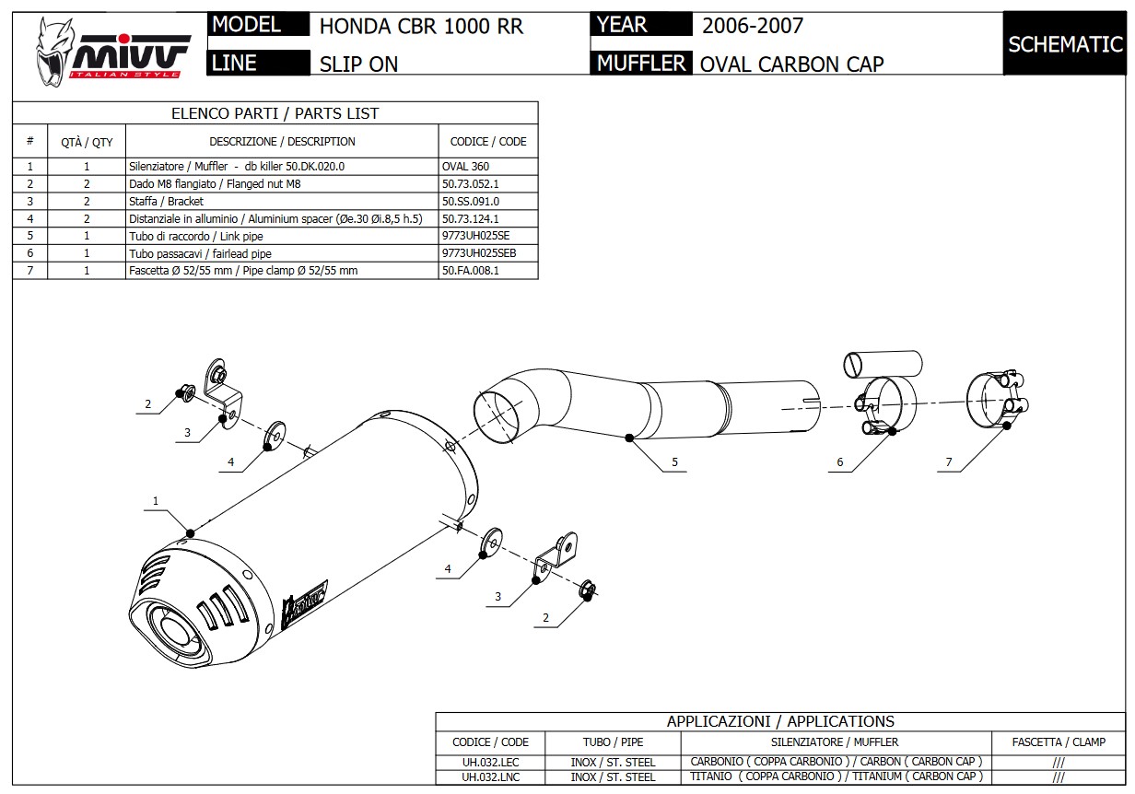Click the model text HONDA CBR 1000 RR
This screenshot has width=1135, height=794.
point(421,26)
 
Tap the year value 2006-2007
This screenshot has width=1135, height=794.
point(753,26)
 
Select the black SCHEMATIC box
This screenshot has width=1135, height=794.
point(1064,43)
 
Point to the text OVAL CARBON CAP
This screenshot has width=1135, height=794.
point(791,64)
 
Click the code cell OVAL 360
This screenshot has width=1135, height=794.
point(466,167)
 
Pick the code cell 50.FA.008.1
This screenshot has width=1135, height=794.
point(471,271)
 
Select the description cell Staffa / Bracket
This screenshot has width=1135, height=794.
point(167,201)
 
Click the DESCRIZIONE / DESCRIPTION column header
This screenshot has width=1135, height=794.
point(282,142)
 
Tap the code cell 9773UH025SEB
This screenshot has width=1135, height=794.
point(479,253)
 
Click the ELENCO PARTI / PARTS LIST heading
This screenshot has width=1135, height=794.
point(275,113)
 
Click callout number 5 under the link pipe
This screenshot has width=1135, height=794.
point(674,462)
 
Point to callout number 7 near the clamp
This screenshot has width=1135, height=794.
point(949,462)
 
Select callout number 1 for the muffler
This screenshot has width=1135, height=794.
point(156,501)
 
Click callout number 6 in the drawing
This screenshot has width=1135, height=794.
point(840,462)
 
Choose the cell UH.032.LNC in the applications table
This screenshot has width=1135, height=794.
point(490,776)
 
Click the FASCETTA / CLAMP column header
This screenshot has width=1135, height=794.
point(1059,741)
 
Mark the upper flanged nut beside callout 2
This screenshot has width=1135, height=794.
point(184,393)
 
